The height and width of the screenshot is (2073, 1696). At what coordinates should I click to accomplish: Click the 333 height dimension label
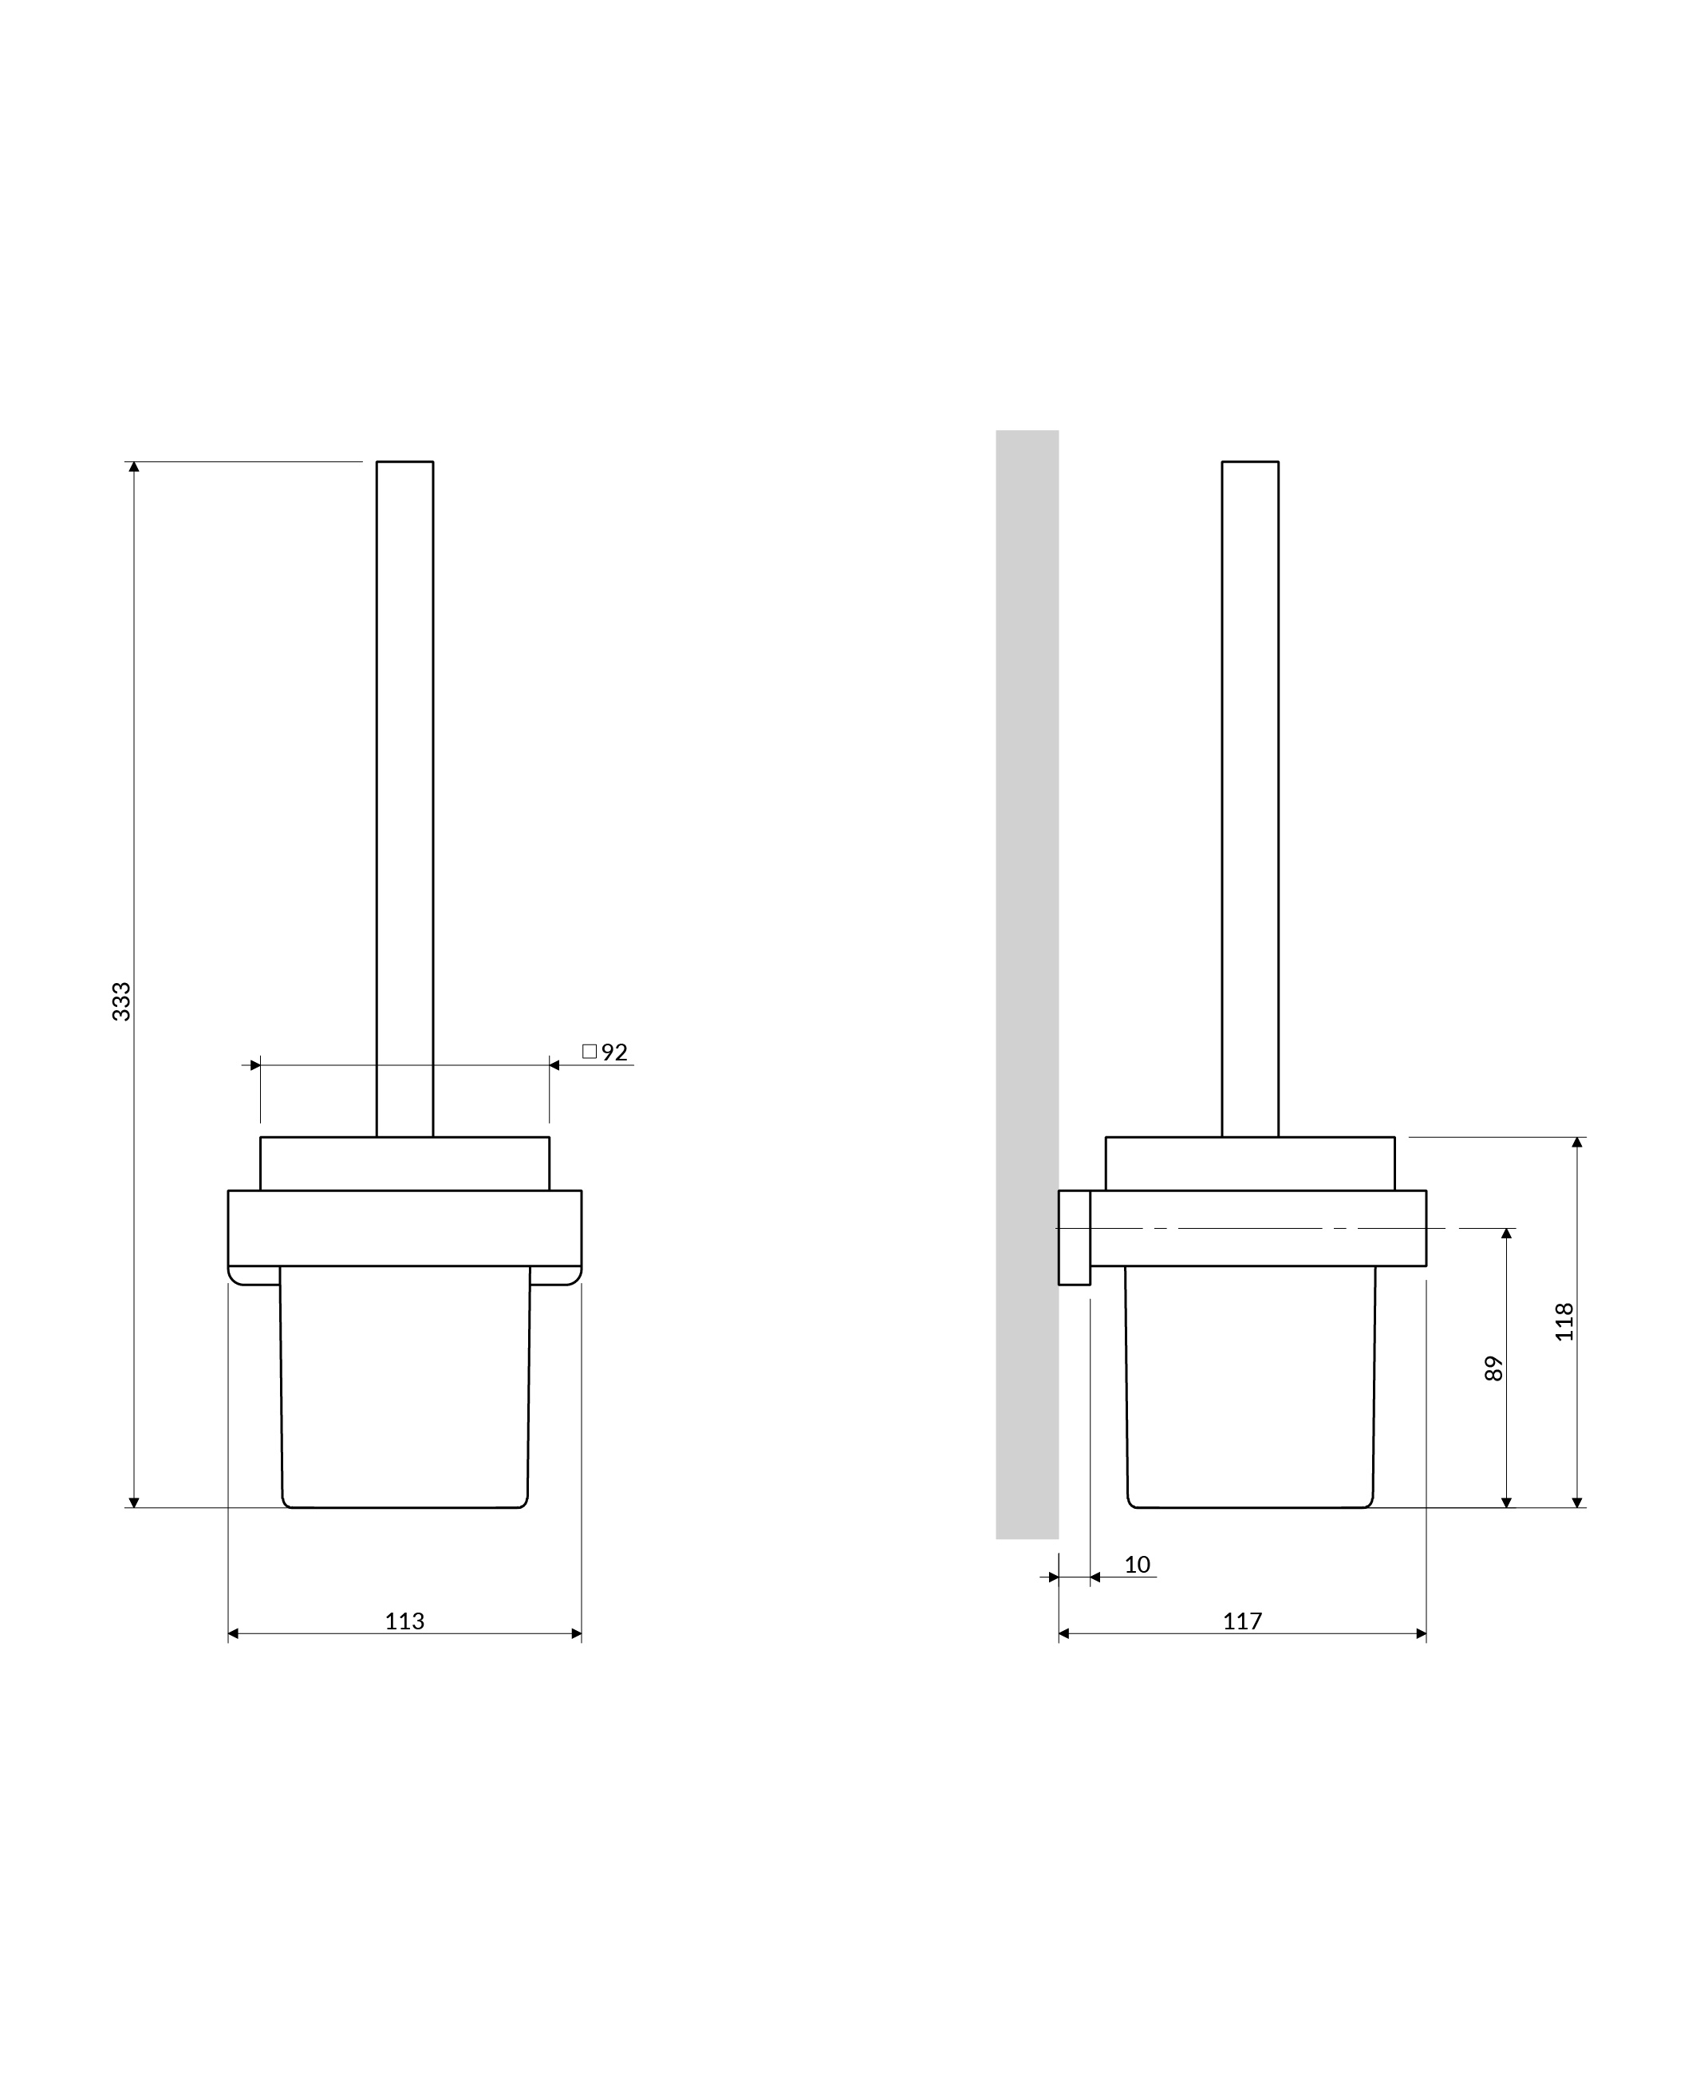point(121,1002)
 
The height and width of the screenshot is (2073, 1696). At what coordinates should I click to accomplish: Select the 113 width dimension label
point(404,1621)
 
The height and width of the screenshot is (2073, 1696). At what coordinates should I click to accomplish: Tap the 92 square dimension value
point(614,1052)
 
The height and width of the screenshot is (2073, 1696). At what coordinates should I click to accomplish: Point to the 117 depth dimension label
point(1243,1621)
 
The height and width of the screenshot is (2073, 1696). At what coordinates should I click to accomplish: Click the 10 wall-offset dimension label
point(1137,1565)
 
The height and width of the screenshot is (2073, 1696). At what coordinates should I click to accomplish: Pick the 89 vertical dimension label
point(1493,1368)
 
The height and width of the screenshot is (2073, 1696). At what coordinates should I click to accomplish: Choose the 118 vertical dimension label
point(1565,1322)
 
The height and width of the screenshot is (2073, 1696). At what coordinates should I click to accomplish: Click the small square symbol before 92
point(589,1051)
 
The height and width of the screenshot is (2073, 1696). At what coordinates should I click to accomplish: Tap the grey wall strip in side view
point(1027,985)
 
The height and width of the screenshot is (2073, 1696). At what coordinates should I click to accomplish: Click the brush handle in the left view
point(404,799)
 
